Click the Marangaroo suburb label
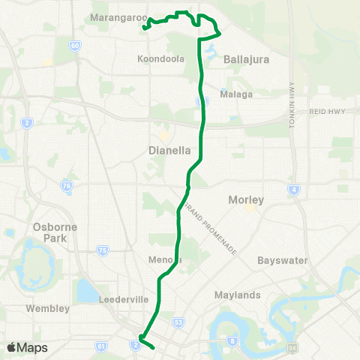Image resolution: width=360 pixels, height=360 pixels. coord(114,16)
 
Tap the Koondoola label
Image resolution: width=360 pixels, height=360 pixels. coord(161,58)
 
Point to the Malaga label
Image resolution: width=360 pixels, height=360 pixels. coord(235,94)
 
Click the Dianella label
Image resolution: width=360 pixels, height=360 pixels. coord(170,150)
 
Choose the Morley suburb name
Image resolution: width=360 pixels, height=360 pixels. coord(247,200)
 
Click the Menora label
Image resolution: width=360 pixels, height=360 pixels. coord(165,260)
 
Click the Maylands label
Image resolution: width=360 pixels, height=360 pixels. coord(236,295)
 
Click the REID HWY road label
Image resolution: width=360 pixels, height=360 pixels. coord(325,111)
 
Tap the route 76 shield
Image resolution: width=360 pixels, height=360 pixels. coord(67,186)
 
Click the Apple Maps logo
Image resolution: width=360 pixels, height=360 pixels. coord(27,347)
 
